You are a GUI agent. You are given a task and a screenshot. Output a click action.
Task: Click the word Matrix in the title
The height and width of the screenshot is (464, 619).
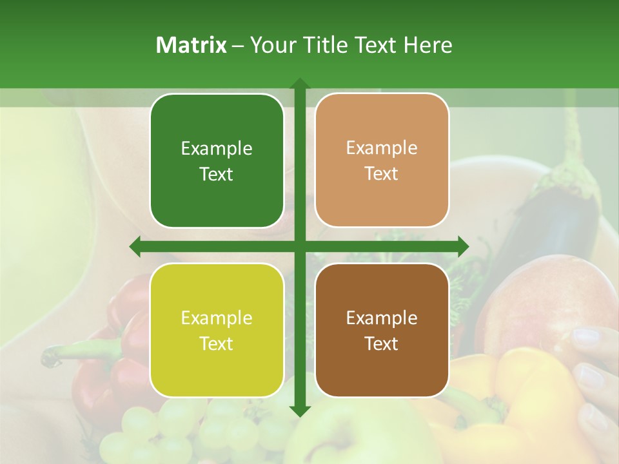192,45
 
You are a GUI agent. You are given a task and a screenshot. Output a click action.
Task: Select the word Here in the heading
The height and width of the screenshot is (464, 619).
427,45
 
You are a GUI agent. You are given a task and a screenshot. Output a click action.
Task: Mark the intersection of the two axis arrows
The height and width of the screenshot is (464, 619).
299,246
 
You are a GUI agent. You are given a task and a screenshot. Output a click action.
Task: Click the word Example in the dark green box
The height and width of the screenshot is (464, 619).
217,149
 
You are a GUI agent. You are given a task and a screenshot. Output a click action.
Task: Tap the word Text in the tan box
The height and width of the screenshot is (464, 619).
382,174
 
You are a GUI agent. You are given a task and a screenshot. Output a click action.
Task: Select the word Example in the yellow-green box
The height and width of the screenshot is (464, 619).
217,318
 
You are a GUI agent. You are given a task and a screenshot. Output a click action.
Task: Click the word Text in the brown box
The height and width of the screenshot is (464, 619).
382,343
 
